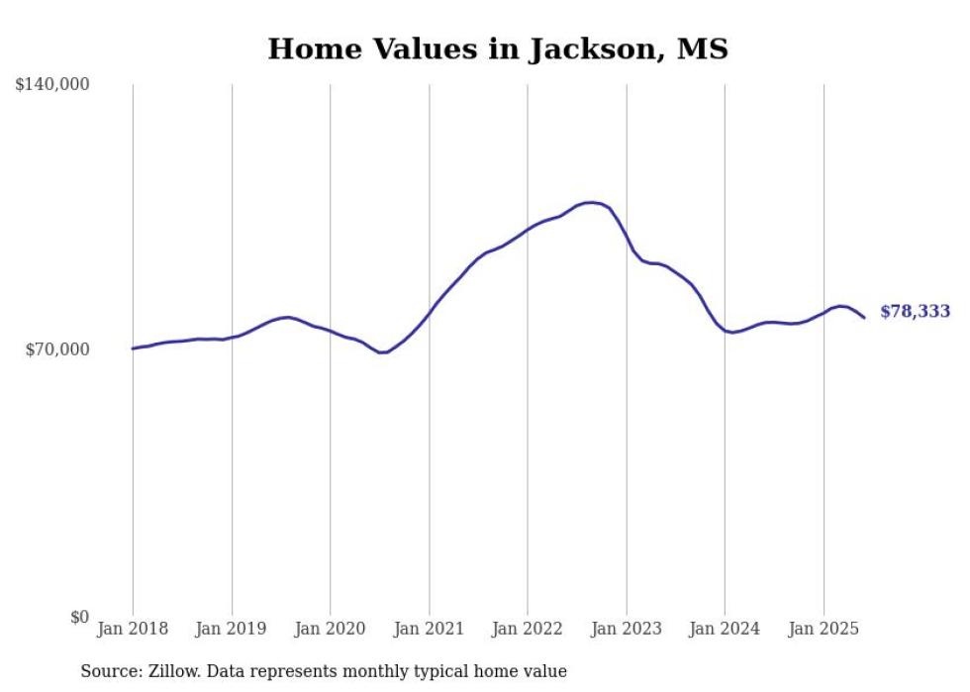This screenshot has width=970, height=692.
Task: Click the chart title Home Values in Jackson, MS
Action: (497, 49)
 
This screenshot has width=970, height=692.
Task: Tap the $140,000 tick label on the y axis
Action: (52, 85)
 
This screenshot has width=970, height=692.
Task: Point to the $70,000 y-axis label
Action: (57, 349)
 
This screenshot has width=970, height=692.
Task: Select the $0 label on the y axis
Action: (80, 617)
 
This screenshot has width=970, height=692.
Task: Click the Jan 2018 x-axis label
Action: (133, 629)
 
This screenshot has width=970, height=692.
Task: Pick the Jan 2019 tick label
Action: (232, 629)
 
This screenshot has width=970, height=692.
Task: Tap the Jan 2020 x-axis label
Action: (331, 629)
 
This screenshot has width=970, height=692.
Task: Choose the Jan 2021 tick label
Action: (429, 629)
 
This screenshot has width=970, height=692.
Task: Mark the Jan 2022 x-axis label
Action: (528, 629)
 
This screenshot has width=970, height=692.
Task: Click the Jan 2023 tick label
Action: (627, 629)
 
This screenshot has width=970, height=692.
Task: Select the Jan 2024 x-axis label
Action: (725, 629)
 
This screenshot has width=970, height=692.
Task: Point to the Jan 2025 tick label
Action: (824, 629)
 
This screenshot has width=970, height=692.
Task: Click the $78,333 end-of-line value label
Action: (915, 312)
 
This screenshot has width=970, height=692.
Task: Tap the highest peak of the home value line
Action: (591, 203)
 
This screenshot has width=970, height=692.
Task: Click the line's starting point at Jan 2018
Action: (133, 348)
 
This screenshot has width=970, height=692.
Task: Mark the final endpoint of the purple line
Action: (864, 318)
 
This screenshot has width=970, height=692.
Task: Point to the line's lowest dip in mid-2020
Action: (382, 352)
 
